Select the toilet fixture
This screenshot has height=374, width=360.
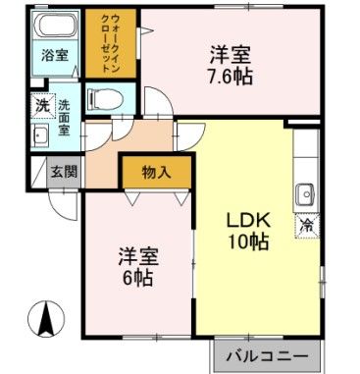pyautogui.click(x=102, y=99)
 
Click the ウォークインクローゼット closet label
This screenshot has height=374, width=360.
pyautogui.click(x=112, y=44)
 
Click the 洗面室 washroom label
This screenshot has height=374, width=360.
pyautogui.click(x=65, y=116)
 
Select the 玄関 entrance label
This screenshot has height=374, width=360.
pyautogui.click(x=64, y=171)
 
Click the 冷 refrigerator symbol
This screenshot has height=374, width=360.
pyautogui.click(x=307, y=225)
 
